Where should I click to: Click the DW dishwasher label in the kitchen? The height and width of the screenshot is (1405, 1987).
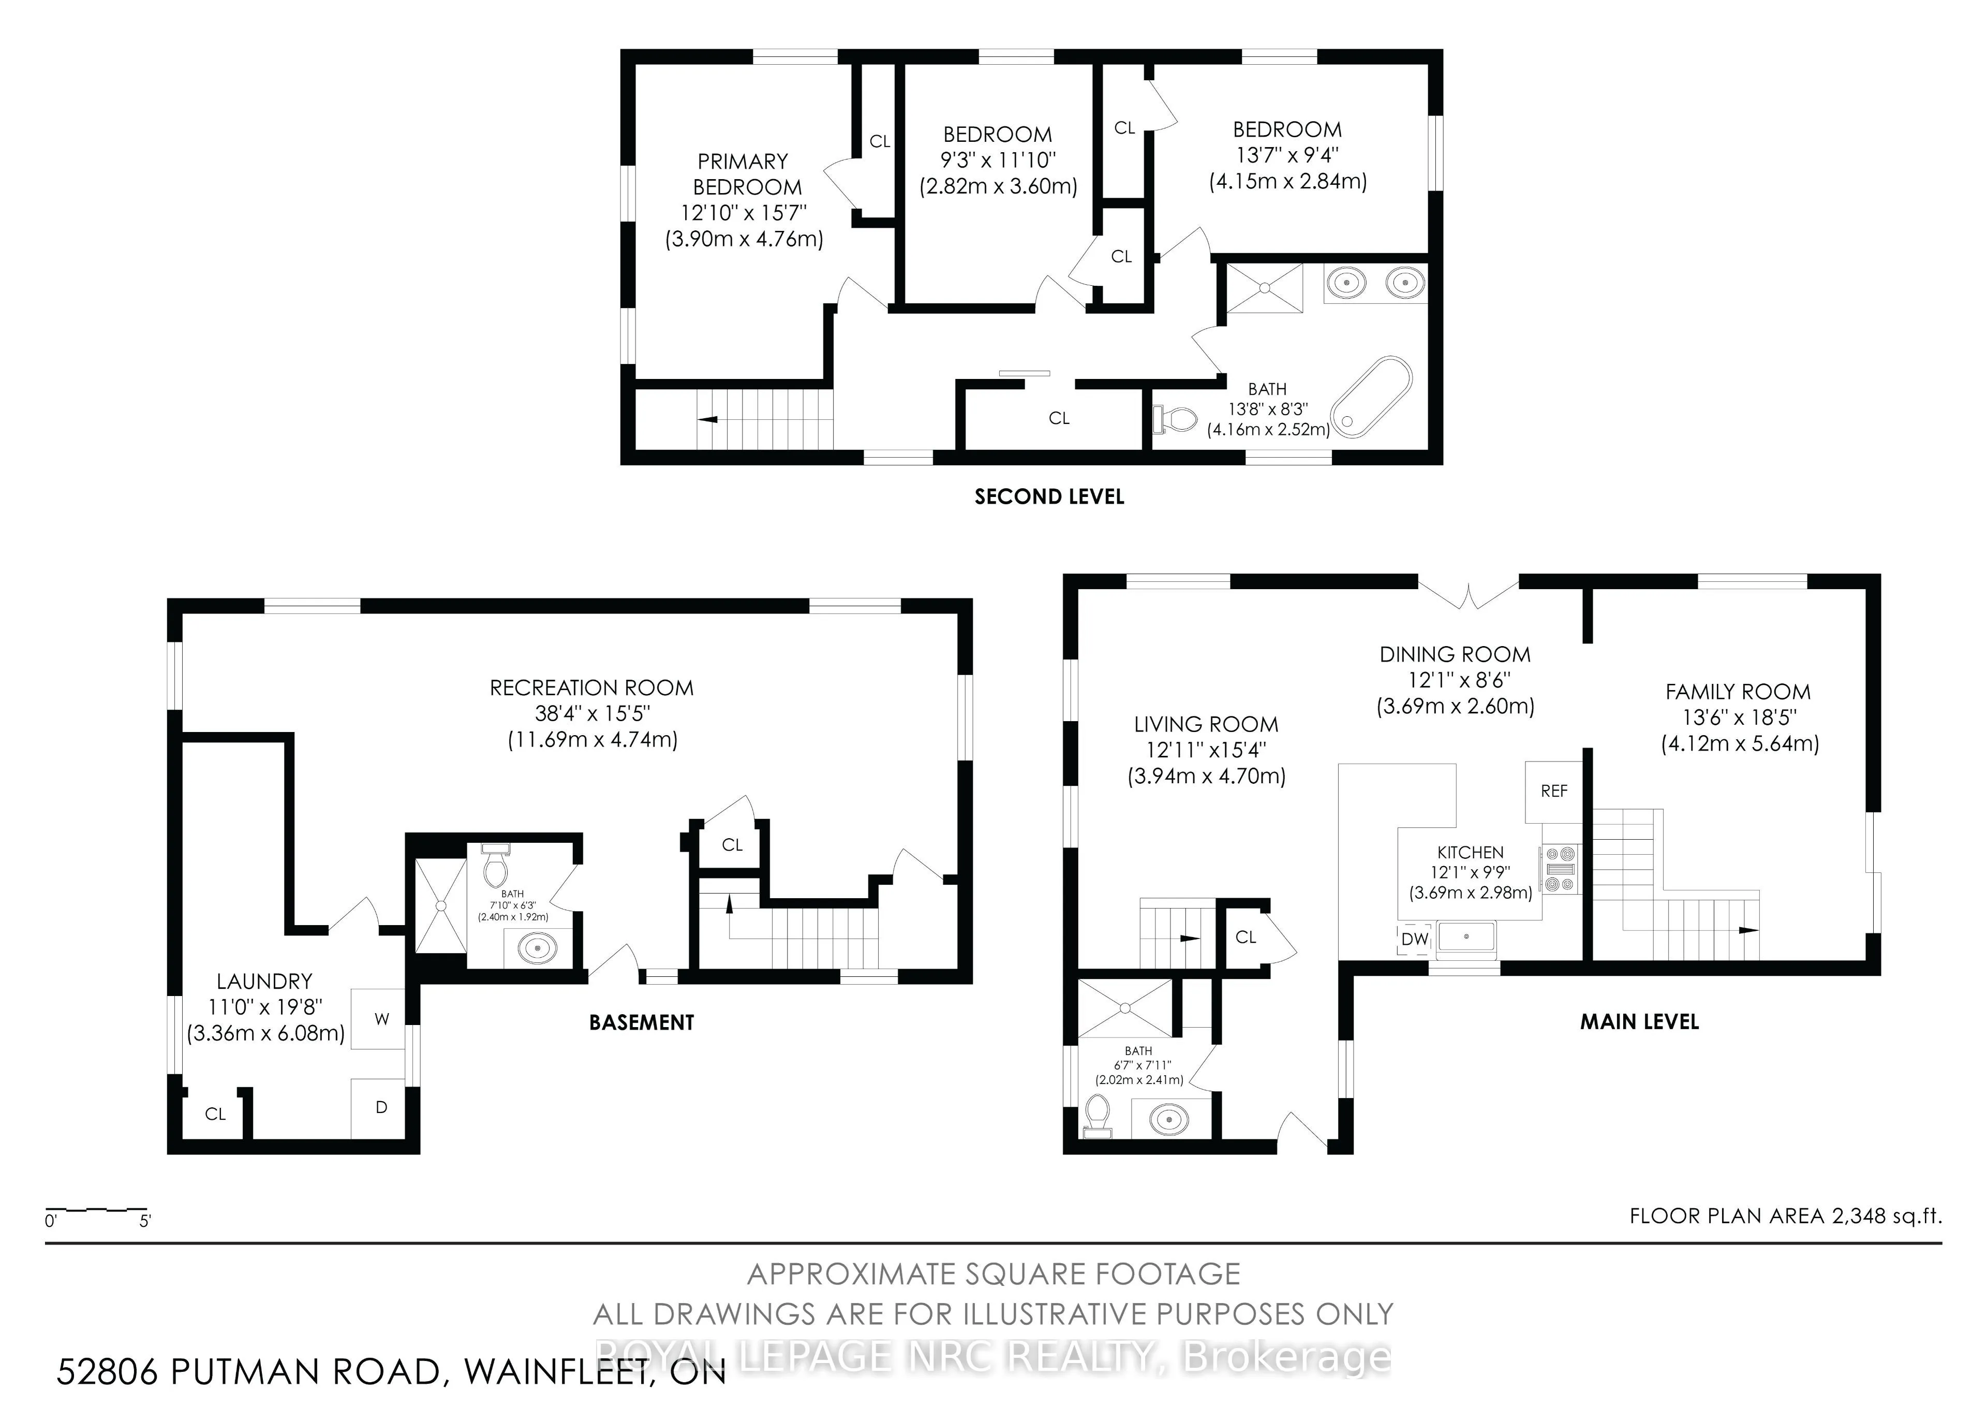(x=1415, y=939)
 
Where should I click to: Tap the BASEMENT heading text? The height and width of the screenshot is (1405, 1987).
(x=641, y=1022)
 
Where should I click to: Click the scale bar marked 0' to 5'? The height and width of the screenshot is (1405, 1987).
(x=96, y=1208)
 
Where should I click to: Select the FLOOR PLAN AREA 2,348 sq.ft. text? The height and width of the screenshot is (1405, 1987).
(x=1785, y=1216)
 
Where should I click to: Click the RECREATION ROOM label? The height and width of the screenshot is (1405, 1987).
(x=592, y=688)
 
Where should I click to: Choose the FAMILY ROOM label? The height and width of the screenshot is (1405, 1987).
(x=1738, y=692)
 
